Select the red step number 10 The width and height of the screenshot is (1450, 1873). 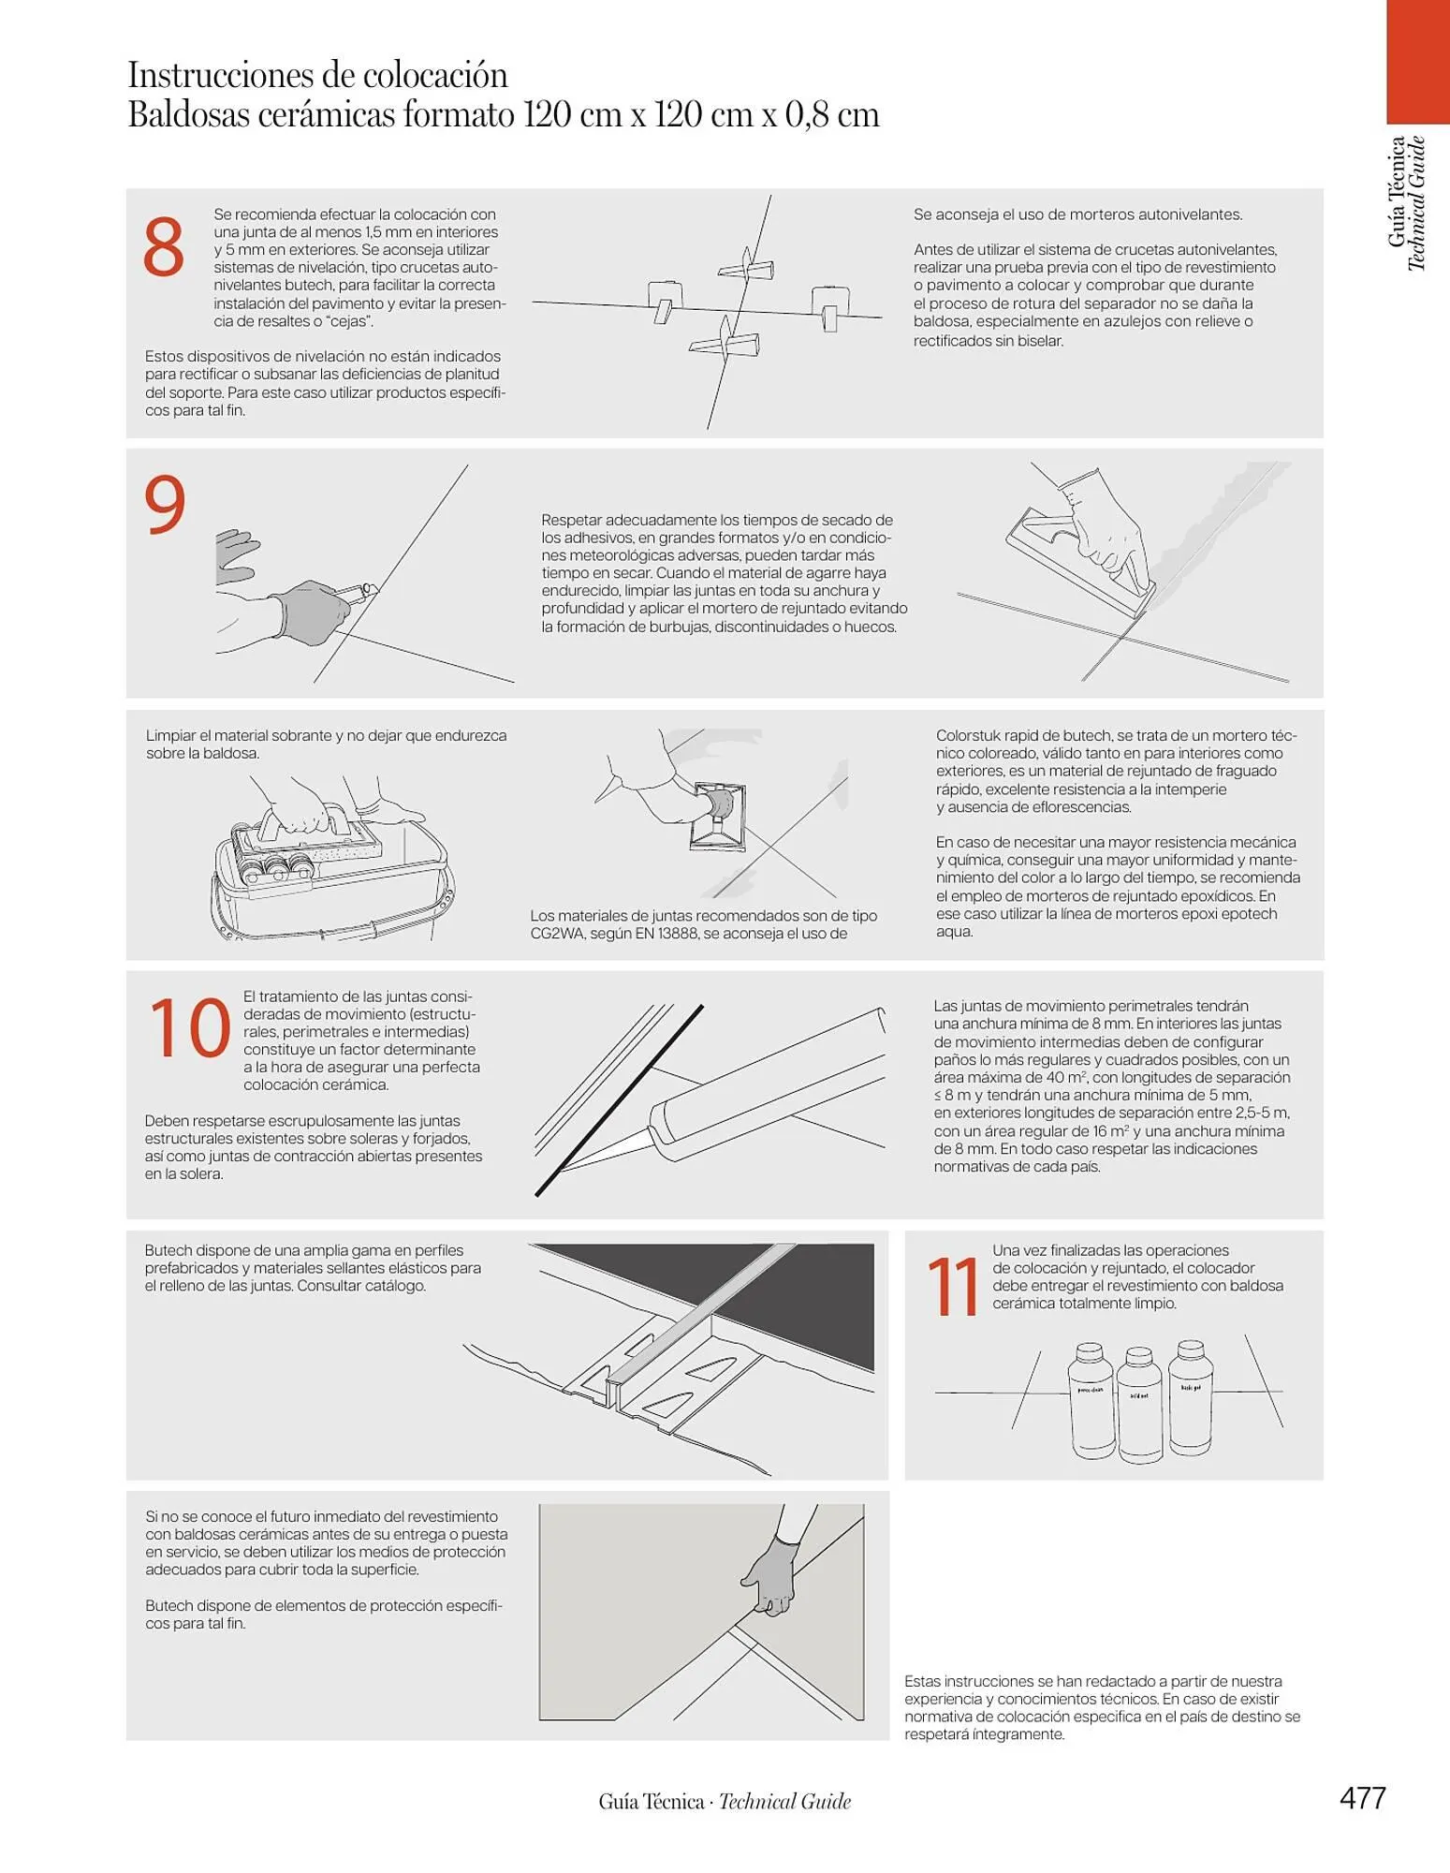189,1029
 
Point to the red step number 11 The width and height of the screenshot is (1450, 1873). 953,1287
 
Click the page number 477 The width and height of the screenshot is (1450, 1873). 1362,1798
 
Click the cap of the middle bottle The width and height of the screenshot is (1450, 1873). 1138,1356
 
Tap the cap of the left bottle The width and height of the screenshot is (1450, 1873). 1089,1352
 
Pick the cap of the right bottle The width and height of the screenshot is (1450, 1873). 1190,1350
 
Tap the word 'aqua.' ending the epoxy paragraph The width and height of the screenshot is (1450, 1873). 955,933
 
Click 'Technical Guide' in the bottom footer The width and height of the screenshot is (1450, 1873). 785,1801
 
